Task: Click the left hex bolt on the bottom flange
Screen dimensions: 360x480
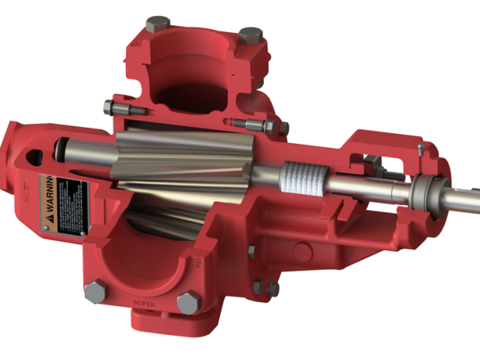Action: pyautogui.click(x=95, y=291)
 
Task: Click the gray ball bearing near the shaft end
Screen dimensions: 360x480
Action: pyautogui.click(x=421, y=194)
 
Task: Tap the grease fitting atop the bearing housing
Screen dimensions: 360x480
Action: pyautogui.click(x=421, y=148)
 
